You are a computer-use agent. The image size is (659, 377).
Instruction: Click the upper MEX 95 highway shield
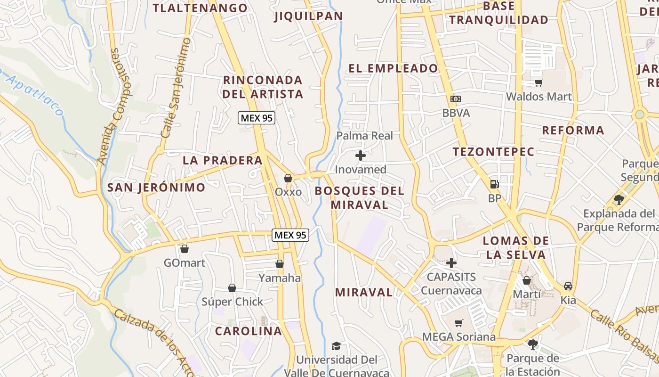click(257, 118)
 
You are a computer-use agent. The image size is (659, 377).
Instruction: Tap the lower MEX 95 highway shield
click(290, 235)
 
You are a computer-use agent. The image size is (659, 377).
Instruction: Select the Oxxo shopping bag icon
click(288, 178)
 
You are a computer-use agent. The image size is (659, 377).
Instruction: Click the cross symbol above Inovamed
click(361, 156)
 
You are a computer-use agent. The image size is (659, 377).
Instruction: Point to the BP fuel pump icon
click(494, 184)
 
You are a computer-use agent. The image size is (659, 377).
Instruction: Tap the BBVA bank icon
click(455, 99)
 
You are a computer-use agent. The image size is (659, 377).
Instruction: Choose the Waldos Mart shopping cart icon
click(539, 83)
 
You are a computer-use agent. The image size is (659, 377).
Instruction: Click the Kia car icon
click(568, 286)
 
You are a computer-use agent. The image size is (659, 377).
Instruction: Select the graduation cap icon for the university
click(336, 346)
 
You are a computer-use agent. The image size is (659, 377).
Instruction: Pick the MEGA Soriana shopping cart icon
click(459, 323)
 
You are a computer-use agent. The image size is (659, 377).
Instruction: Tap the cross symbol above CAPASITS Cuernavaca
click(451, 263)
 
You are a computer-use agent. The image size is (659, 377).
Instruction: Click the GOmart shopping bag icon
click(185, 248)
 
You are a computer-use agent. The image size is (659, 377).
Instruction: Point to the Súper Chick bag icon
click(232, 288)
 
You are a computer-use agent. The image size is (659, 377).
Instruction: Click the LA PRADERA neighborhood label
click(223, 160)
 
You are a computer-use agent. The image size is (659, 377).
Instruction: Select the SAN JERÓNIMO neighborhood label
click(156, 188)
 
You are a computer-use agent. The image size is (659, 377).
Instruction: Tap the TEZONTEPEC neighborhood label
click(494, 152)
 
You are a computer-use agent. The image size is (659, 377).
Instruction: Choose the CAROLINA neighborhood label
click(249, 331)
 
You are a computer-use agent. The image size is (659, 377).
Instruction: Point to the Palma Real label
click(364, 136)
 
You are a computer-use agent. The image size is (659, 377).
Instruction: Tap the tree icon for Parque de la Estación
click(532, 344)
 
